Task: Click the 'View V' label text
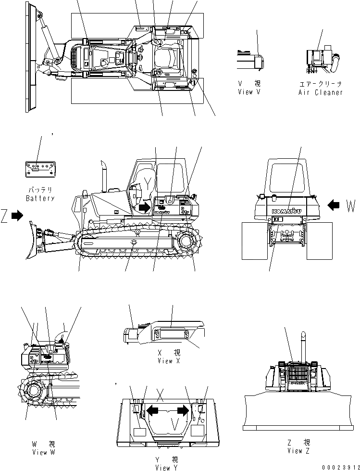[249, 92]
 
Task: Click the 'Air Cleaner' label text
[321, 92]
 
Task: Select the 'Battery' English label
[41, 198]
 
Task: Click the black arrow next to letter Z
[17, 216]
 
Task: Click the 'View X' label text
[165, 361]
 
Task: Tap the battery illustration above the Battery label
[41, 168]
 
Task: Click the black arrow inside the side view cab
[144, 208]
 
